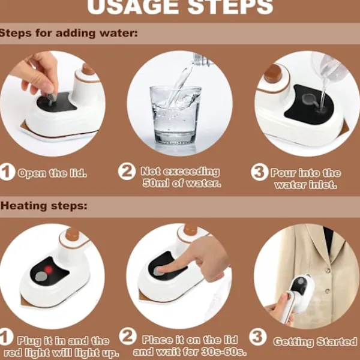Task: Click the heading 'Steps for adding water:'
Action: [x=68, y=33]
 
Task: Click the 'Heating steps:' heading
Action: [x=44, y=206]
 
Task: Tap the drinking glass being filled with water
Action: [x=176, y=115]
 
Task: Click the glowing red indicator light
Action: [x=49, y=269]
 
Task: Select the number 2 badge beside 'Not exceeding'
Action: [x=127, y=172]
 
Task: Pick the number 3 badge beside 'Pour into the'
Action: [x=259, y=172]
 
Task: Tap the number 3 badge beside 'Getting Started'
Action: [x=258, y=337]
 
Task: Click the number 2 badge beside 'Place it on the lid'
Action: [x=128, y=337]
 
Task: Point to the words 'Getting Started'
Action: [x=316, y=341]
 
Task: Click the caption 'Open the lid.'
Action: [x=52, y=173]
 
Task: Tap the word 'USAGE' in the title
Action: [x=133, y=7]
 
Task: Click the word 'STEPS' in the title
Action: [x=230, y=7]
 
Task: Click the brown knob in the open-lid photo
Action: [x=89, y=69]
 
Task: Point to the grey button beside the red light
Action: [x=40, y=277]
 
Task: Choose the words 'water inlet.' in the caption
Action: [x=306, y=185]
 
